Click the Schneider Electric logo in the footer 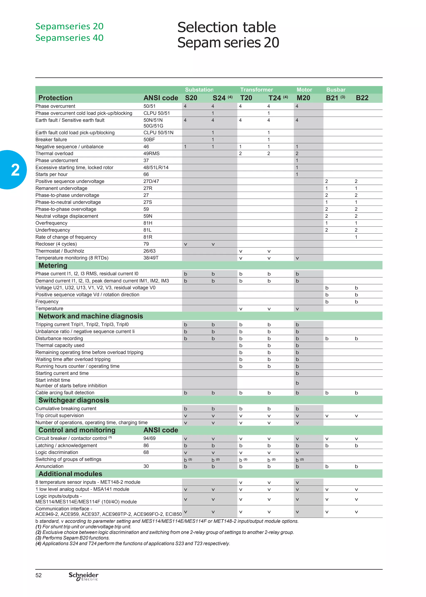click(83, 576)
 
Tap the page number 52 click(38, 575)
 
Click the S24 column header click(219, 98)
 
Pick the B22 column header click(362, 98)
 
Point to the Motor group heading click(304, 90)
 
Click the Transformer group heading click(256, 90)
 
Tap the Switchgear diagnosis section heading click(74, 400)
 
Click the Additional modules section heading click(70, 474)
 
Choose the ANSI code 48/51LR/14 click(156, 168)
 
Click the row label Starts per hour click(51, 174)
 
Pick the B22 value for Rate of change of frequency click(356, 237)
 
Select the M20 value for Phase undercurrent click(297, 160)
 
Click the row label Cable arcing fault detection click(65, 393)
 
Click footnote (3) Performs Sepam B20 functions click(73, 538)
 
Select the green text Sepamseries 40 click(69, 38)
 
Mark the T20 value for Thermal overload click(240, 154)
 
